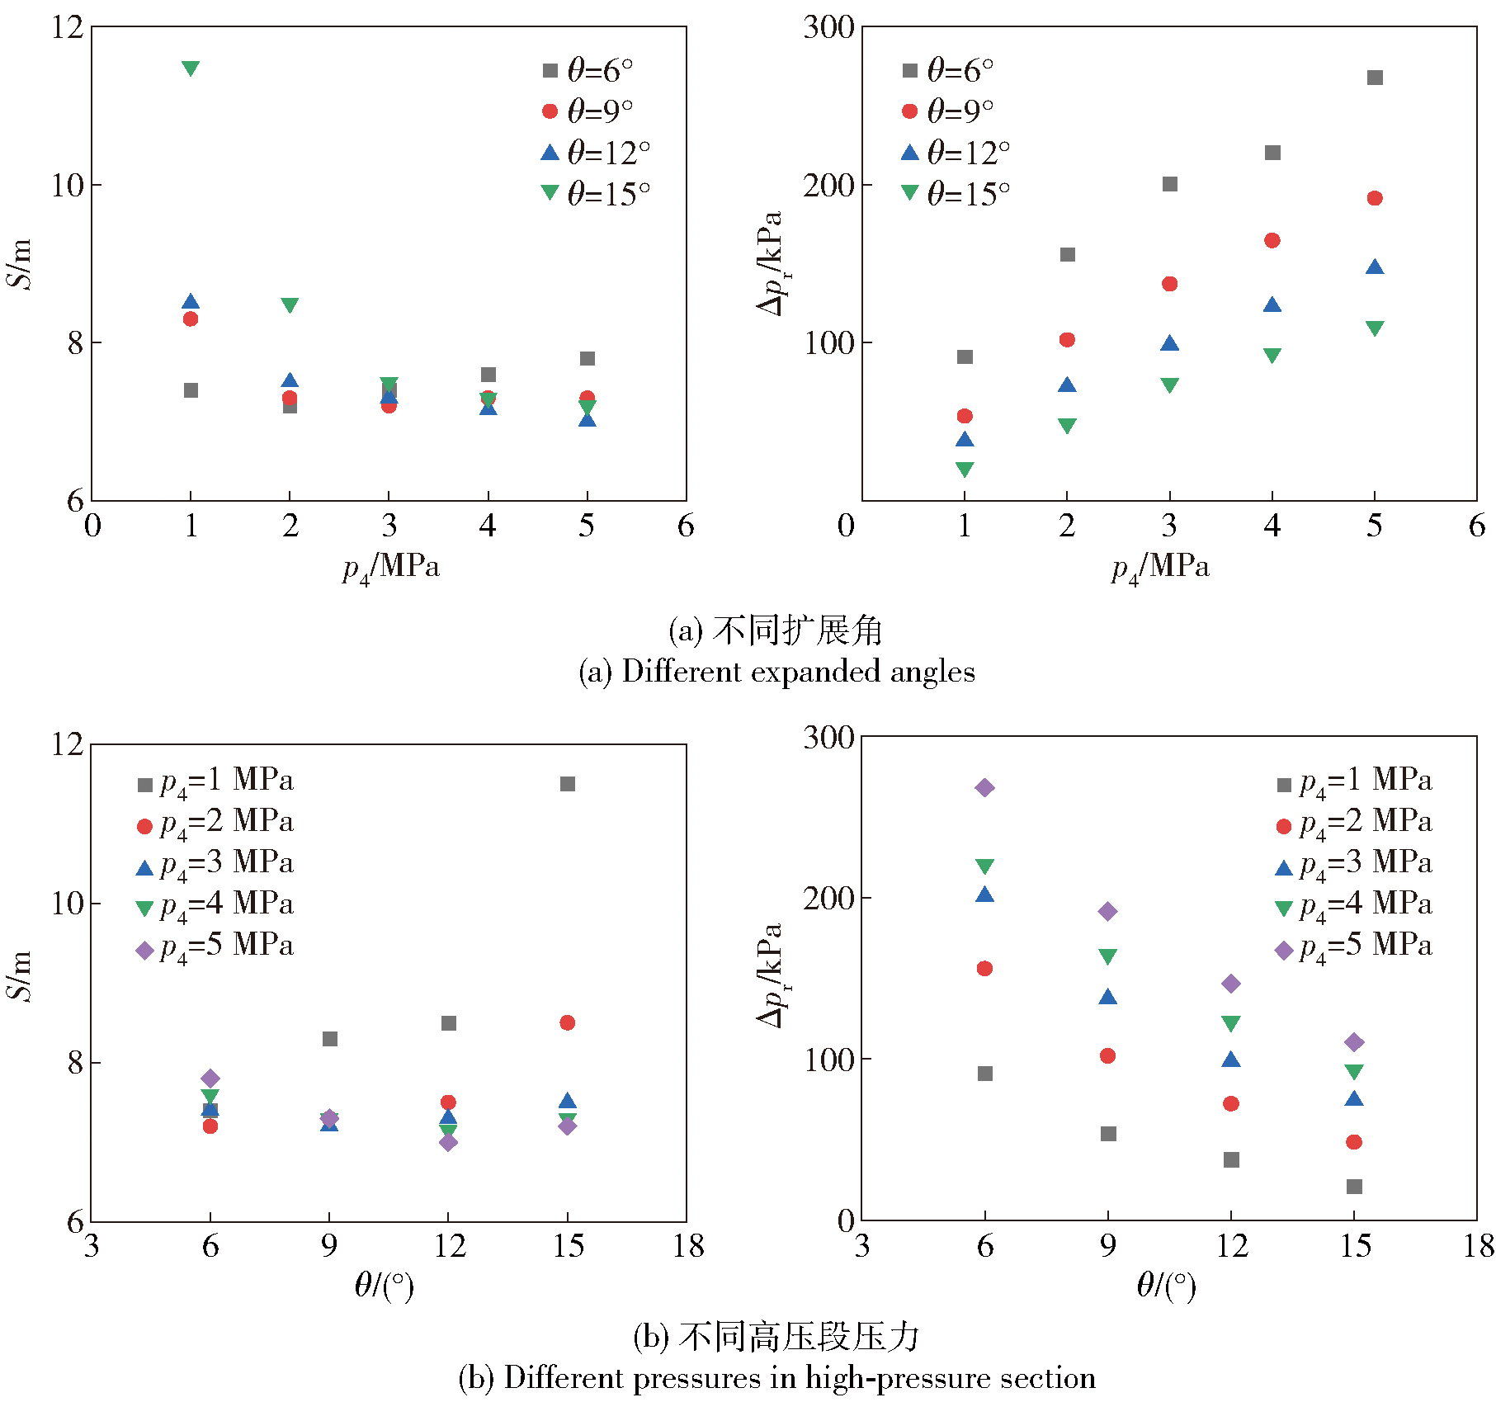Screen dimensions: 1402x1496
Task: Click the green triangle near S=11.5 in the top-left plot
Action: (191, 68)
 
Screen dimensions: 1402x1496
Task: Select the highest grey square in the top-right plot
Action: (1375, 78)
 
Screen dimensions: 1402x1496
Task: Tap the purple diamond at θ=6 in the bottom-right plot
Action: (984, 787)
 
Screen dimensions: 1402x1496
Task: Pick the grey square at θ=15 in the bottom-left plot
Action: (568, 783)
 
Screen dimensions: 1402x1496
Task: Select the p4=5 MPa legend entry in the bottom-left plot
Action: (215, 946)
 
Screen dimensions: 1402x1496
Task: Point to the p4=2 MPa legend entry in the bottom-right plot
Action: (1354, 823)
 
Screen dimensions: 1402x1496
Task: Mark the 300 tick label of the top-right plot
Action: (828, 27)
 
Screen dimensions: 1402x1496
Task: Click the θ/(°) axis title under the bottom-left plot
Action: (384, 1285)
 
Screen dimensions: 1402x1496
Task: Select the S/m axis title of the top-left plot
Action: (20, 263)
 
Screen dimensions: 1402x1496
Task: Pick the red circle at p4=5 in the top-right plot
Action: (1375, 198)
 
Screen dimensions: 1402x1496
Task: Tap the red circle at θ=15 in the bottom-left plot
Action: (568, 1022)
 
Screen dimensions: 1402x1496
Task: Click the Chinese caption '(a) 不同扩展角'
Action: (776, 630)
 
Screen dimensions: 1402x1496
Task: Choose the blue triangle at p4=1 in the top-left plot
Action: (191, 302)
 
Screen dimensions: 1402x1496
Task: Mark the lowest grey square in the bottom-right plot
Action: (1354, 1187)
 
